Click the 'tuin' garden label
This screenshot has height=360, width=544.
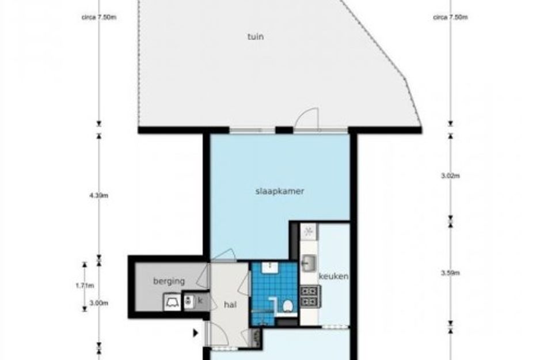[256, 36]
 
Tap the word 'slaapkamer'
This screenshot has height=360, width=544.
[280, 191]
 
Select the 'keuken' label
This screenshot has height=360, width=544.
[333, 276]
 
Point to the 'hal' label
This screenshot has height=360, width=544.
[230, 305]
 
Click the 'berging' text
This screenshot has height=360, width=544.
[169, 281]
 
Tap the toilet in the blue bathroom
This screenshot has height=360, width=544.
[287, 306]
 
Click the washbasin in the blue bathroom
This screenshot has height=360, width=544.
[269, 267]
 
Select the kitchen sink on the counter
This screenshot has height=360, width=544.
[309, 263]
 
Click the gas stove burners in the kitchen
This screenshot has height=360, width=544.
[310, 296]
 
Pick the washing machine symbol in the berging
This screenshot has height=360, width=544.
[173, 302]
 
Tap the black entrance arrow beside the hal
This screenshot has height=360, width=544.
[196, 333]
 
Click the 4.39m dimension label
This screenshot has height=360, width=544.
[98, 195]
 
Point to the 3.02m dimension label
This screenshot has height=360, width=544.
[450, 176]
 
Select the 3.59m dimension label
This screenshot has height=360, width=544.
[450, 273]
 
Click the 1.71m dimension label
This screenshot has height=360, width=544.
[85, 286]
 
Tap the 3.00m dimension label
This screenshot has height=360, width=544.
[99, 303]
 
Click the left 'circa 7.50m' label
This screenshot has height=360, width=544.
[99, 17]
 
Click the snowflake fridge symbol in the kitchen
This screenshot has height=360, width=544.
[309, 231]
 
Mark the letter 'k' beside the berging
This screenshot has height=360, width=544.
[200, 301]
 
